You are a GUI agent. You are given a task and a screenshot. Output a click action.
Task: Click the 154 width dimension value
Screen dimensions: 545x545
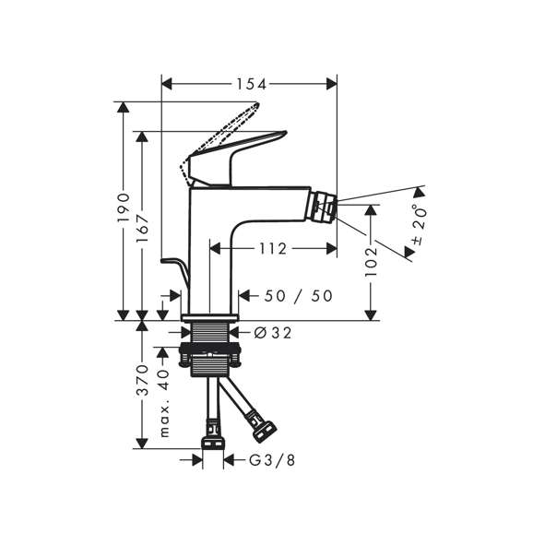pyautogui.click(x=252, y=84)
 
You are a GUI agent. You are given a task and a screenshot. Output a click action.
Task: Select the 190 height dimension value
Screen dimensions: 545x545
pyautogui.click(x=124, y=207)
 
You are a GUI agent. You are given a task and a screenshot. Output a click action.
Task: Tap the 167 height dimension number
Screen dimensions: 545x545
pyautogui.click(x=142, y=229)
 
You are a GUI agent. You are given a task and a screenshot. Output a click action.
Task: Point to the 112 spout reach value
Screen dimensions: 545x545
pyautogui.click(x=273, y=249)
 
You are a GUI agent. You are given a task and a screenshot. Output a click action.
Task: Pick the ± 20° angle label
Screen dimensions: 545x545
pyautogui.click(x=419, y=225)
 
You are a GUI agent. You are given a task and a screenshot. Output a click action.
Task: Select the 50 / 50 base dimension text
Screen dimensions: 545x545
pyautogui.click(x=298, y=296)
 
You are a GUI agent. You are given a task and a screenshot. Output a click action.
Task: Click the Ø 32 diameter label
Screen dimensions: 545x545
pyautogui.click(x=273, y=333)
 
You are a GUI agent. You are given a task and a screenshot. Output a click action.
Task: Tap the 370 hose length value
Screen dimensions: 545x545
pyautogui.click(x=142, y=380)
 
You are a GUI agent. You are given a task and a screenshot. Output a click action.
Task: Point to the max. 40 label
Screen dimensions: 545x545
pyautogui.click(x=164, y=403)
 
